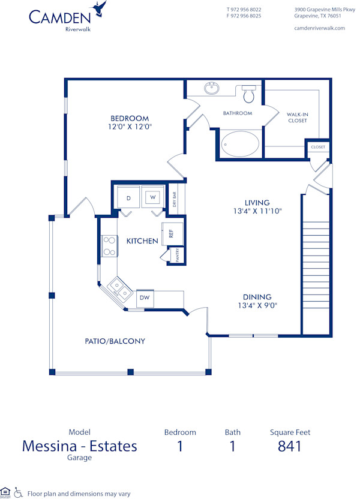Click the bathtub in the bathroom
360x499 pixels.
240,144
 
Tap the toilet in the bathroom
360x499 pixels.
249,94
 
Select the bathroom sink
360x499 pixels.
211,89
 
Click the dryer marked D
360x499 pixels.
128,197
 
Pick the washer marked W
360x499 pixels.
152,197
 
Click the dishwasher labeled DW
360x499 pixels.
145,297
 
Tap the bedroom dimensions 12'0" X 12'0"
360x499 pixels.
129,127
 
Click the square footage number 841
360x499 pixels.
290,446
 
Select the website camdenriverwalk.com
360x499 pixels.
320,28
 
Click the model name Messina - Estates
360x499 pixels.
80,446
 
